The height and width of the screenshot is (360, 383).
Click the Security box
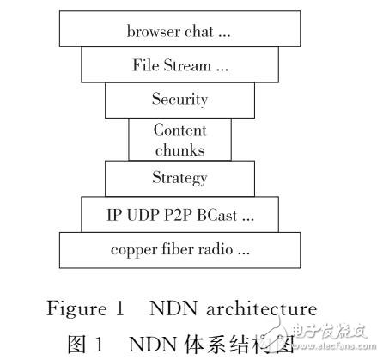click(x=180, y=100)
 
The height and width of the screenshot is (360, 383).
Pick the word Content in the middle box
click(x=180, y=130)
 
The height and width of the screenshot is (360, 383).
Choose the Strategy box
click(x=180, y=178)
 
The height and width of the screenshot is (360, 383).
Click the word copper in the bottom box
click(x=131, y=250)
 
